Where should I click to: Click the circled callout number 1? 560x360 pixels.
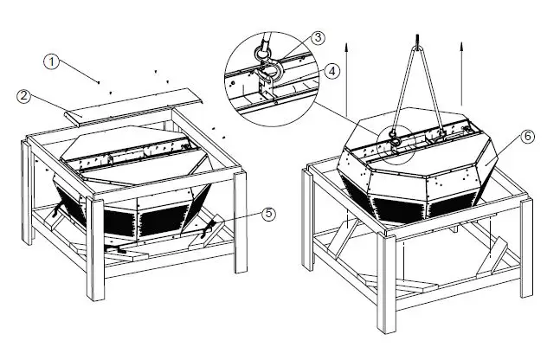coord(53,61)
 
